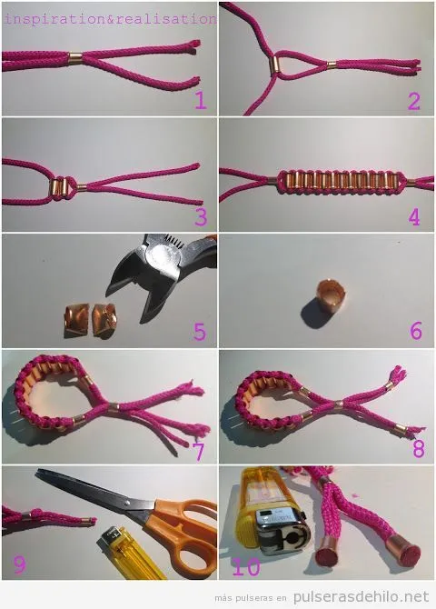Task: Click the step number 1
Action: coord(200,101)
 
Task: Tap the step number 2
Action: coord(414,101)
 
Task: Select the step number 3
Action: coord(201,216)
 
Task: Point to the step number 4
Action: coord(414,216)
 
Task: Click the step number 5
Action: coord(201,331)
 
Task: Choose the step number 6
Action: coord(415,331)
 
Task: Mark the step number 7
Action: coord(201,448)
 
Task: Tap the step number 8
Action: coord(416,448)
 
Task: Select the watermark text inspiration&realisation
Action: coord(109,17)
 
